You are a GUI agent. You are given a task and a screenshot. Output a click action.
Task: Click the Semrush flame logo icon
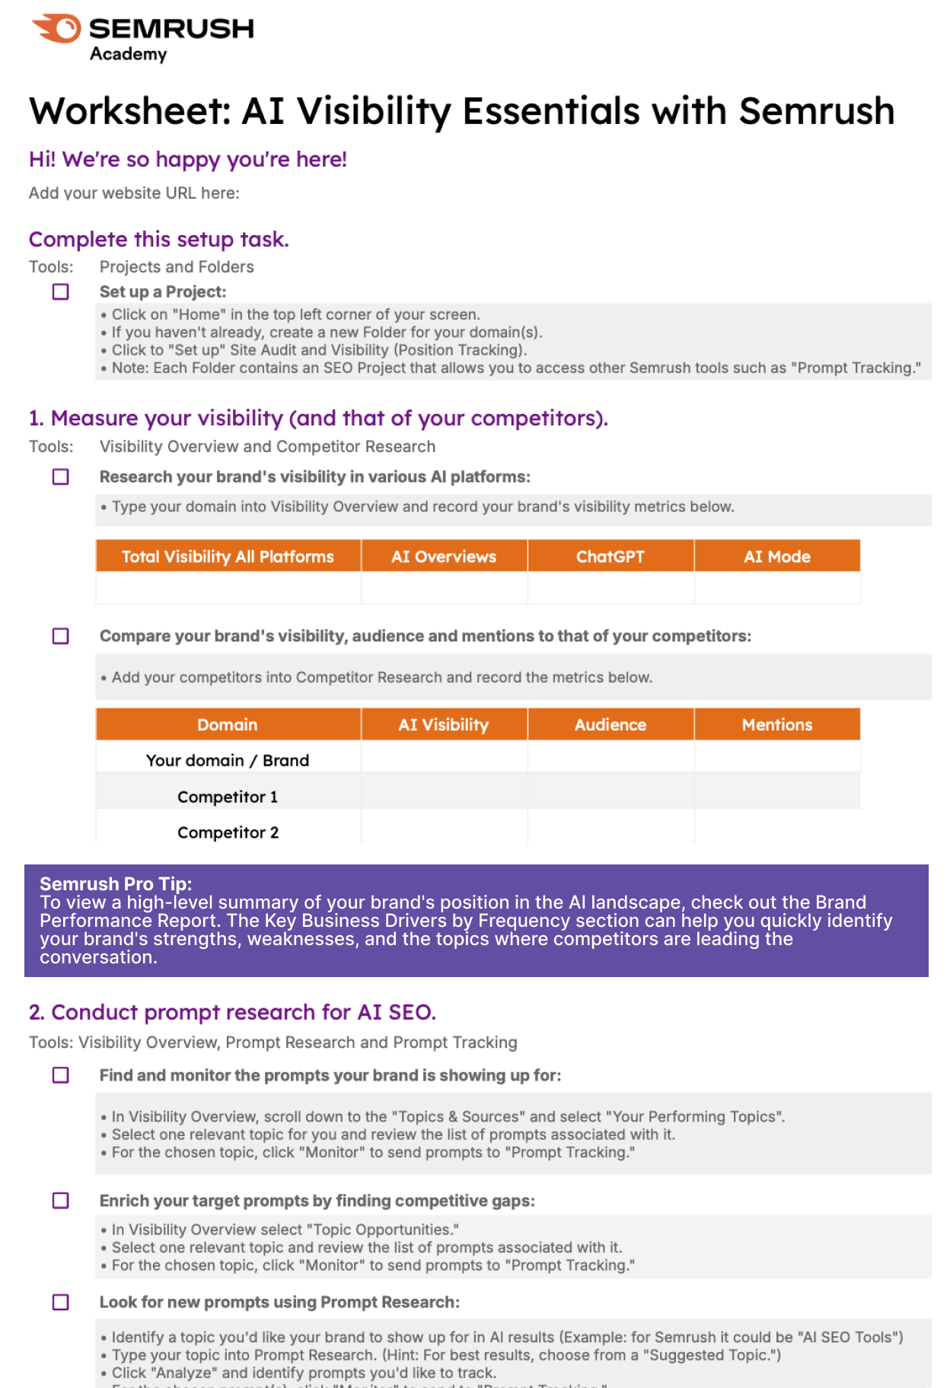[57, 29]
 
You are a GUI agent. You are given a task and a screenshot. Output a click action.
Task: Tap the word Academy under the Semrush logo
[128, 54]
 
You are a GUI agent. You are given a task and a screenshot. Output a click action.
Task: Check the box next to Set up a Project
[61, 292]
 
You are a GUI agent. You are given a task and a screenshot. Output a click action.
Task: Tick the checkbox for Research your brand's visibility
[61, 477]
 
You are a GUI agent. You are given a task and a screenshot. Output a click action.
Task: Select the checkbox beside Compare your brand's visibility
[61, 636]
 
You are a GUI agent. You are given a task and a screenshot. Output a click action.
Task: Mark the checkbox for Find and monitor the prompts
[61, 1075]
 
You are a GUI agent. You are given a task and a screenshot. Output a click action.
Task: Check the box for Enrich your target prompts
[61, 1201]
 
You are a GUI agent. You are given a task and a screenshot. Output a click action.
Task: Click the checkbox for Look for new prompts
[61, 1302]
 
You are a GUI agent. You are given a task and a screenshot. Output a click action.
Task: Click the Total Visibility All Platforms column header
[228, 556]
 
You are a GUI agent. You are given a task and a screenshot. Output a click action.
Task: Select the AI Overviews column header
[444, 556]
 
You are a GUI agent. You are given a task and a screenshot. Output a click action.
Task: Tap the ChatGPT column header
[610, 556]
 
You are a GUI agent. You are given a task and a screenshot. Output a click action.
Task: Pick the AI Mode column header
[777, 556]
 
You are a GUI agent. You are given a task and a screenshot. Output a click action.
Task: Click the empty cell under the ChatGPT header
[610, 587]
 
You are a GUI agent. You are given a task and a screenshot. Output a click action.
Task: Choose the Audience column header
[610, 724]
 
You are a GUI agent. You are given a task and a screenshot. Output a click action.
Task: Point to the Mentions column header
[777, 724]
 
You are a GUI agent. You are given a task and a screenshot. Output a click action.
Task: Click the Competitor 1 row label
[228, 797]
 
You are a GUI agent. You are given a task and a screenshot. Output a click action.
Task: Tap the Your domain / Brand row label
[228, 760]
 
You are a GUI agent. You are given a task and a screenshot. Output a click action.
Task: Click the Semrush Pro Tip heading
[116, 883]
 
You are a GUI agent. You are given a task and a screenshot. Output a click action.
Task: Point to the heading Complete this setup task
[159, 239]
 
